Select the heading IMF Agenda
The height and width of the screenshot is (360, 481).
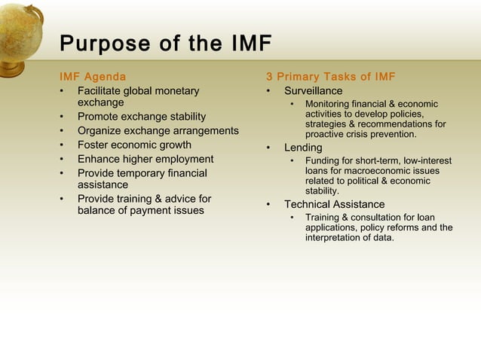coord(93,77)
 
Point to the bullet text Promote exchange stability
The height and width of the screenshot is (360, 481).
coord(141,117)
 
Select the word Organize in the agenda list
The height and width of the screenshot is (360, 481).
coord(100,131)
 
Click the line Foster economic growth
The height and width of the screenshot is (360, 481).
coord(134,145)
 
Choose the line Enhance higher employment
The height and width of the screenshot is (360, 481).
coord(145,160)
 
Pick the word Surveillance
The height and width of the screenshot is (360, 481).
coord(313,91)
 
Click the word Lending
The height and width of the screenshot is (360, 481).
coord(302,148)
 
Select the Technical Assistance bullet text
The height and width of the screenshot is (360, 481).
coord(334,205)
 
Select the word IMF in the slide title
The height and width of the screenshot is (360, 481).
coord(247,44)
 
